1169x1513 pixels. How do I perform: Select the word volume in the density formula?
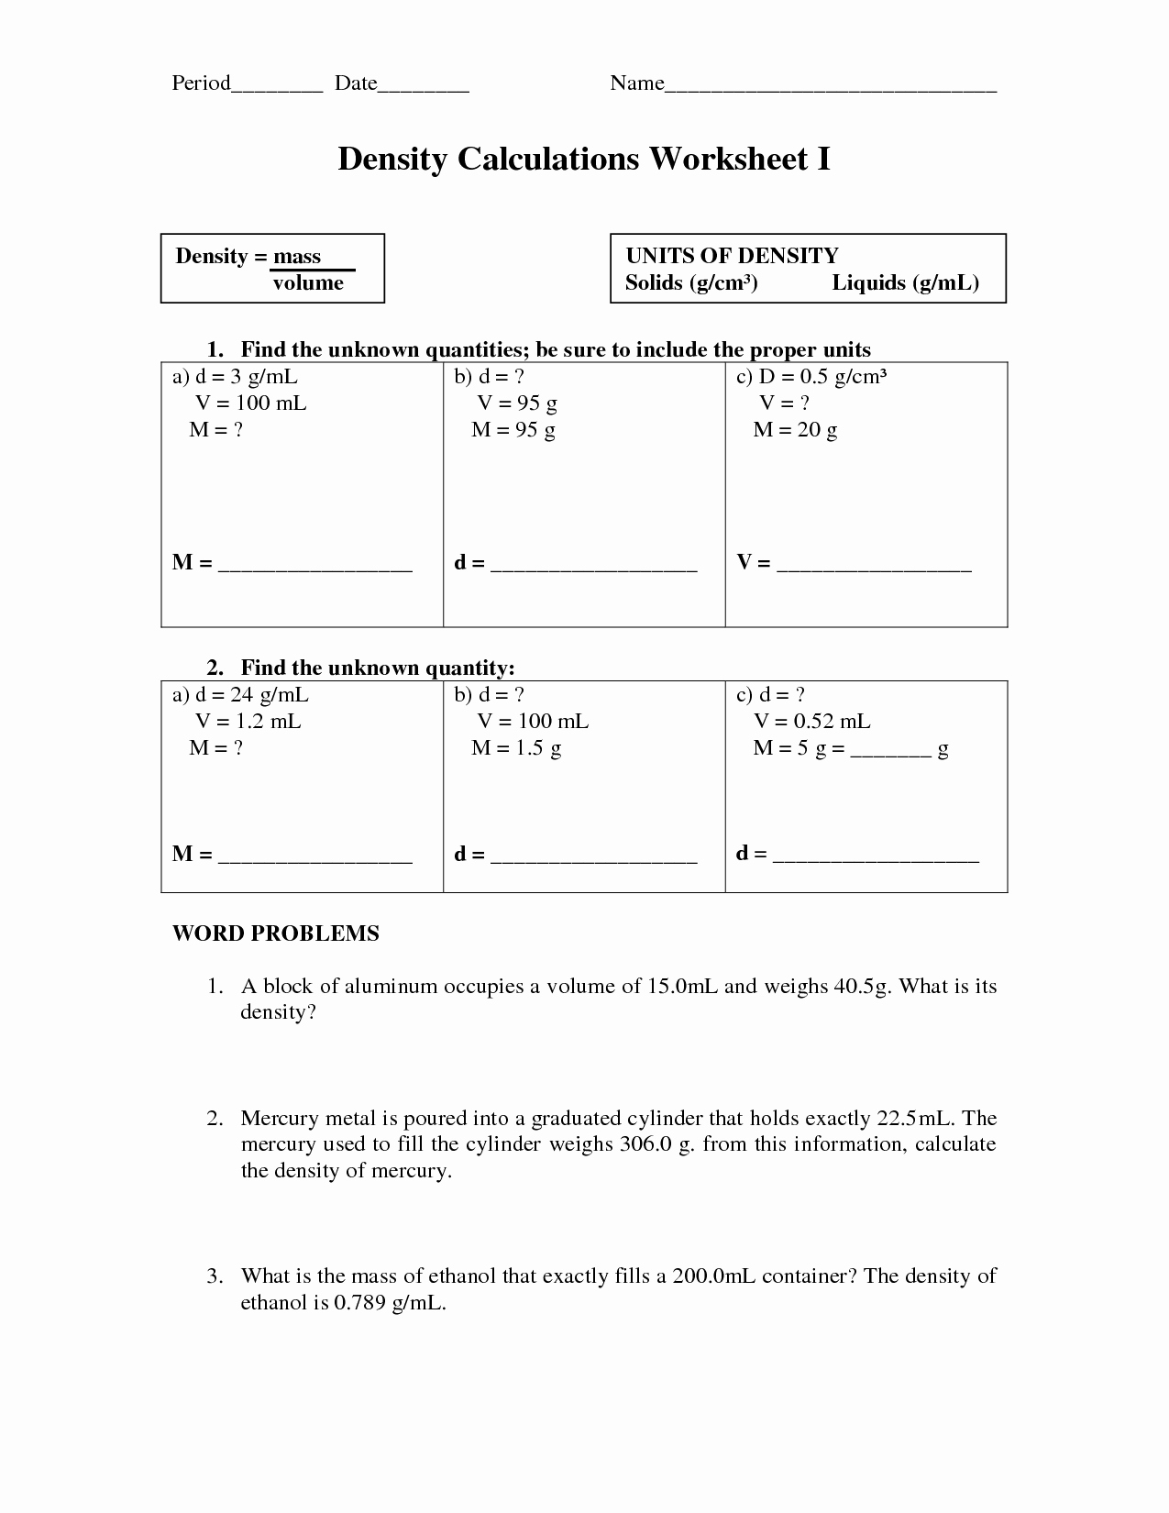pos(308,283)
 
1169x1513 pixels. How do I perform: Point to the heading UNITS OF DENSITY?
pos(732,256)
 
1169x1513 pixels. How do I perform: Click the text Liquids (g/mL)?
pos(905,282)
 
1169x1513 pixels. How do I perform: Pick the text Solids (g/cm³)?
pos(691,282)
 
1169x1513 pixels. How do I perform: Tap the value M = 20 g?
pos(795,429)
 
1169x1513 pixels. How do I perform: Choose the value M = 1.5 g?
pos(516,747)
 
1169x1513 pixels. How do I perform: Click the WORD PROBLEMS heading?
pos(276,933)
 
